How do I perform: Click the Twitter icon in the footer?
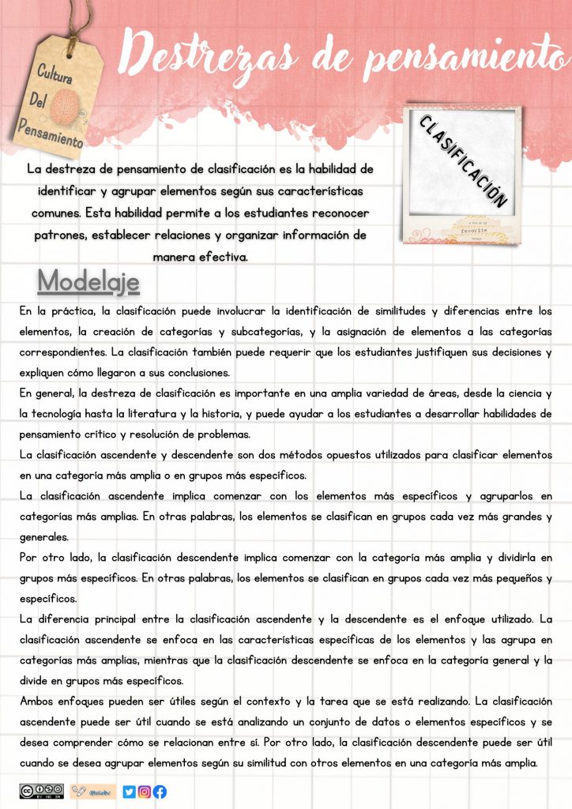click(x=129, y=792)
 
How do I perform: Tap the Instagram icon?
click(x=145, y=792)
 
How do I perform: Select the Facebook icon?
click(x=160, y=792)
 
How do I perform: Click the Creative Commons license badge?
click(x=41, y=791)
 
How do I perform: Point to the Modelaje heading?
click(x=88, y=281)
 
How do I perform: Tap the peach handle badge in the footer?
click(x=93, y=792)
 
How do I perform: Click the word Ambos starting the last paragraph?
click(x=40, y=702)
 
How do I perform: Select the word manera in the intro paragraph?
click(x=175, y=257)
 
